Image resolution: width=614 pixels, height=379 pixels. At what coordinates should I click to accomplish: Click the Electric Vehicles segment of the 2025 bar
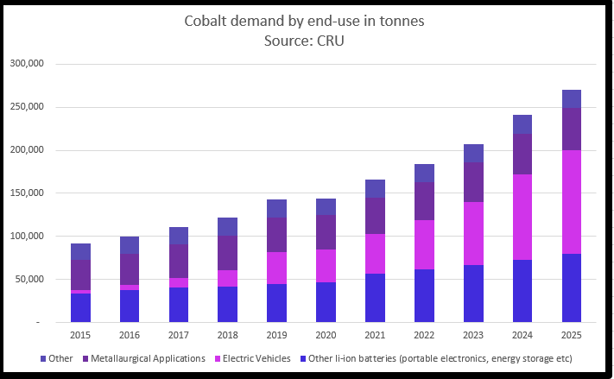571,202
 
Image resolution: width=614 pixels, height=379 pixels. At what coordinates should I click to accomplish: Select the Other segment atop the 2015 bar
80,252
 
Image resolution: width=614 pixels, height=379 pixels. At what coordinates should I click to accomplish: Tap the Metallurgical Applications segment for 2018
228,253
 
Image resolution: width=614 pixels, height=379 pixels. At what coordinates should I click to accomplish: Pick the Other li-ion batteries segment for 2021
375,298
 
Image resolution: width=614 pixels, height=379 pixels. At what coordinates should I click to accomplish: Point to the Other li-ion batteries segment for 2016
130,306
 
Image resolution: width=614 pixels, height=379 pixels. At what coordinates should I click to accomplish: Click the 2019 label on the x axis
276,335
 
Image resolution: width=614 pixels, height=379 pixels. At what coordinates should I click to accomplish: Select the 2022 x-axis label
424,335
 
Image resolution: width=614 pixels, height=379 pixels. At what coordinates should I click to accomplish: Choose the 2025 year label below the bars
571,335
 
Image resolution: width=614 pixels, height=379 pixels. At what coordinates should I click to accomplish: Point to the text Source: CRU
307,41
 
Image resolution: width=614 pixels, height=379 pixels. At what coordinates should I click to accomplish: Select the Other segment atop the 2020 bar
326,206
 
